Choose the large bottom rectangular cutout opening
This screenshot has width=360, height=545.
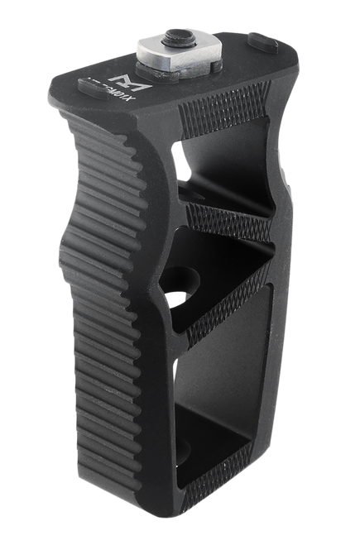pos(215,405)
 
